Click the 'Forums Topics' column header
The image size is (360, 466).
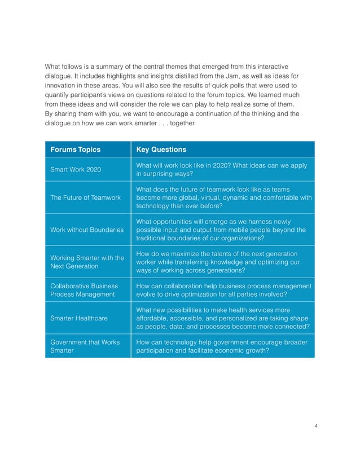tap(76, 150)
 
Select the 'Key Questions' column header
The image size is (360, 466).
tap(161, 150)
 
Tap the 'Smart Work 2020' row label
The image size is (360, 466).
tap(76, 170)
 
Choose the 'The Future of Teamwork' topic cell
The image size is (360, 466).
tap(85, 197)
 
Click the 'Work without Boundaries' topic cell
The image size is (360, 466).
tap(87, 230)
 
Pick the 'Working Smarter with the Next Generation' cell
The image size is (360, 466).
tap(87, 262)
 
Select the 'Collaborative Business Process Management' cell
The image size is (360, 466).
tap(84, 290)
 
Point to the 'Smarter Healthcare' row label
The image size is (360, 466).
tap(79, 318)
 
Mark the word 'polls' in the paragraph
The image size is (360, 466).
tap(234, 85)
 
